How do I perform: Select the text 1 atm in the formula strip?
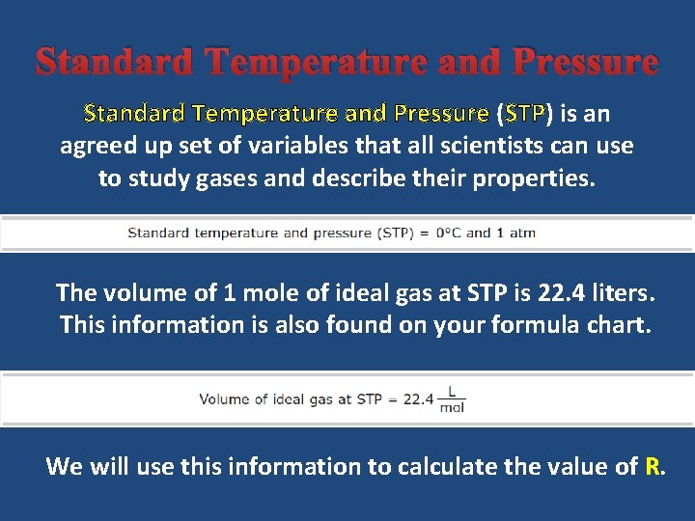coord(515,233)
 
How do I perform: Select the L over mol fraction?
coord(451,399)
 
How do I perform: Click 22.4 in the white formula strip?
coord(418,399)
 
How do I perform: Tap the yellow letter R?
coord(653,467)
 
